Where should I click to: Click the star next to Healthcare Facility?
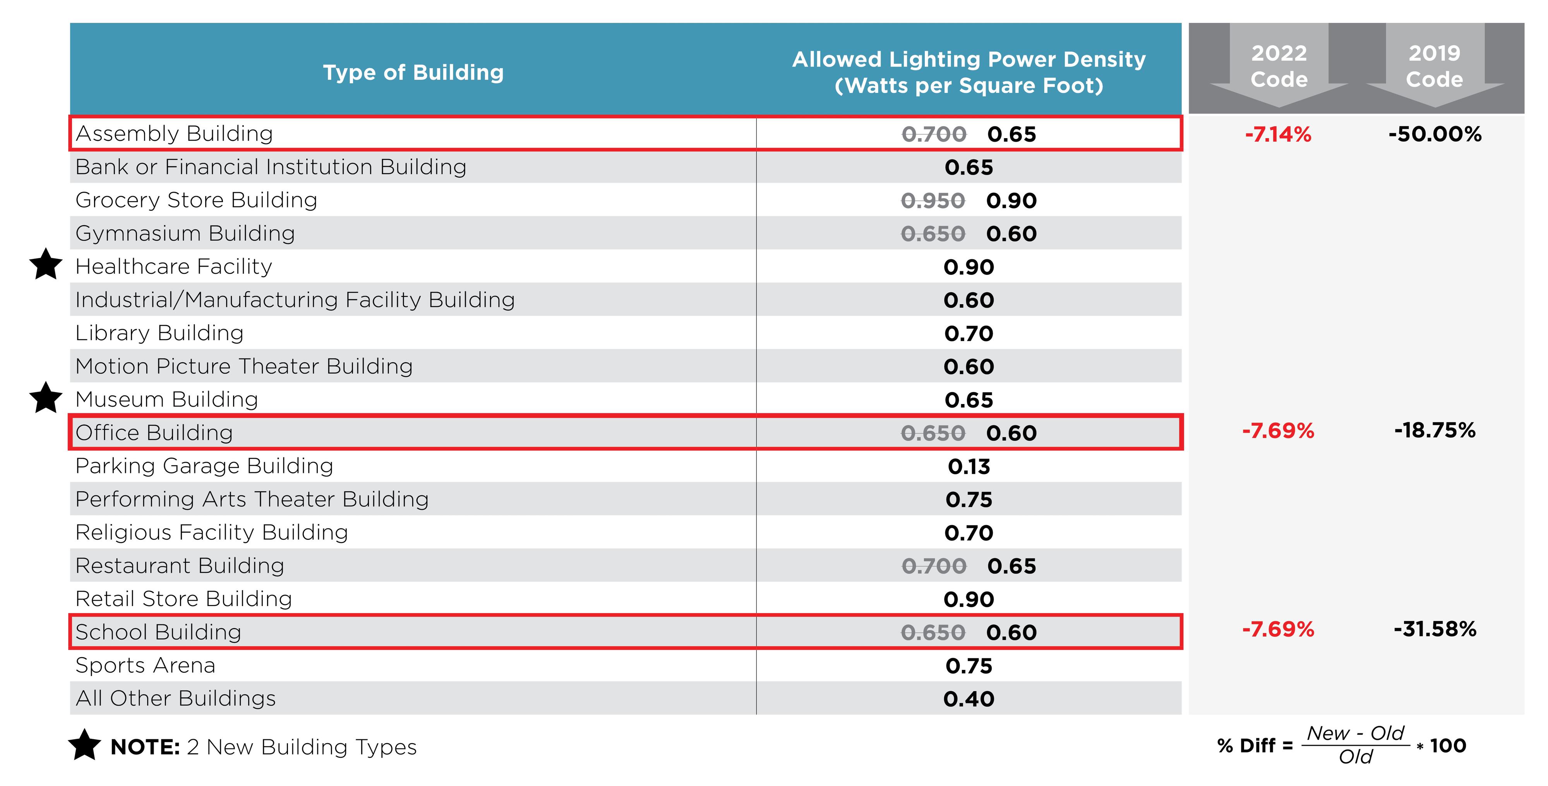(x=46, y=265)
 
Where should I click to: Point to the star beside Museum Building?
(x=46, y=398)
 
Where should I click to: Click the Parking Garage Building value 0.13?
(x=968, y=466)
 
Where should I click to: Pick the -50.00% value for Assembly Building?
(x=1435, y=134)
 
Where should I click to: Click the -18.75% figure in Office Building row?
(x=1435, y=430)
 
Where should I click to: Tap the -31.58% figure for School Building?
(x=1435, y=629)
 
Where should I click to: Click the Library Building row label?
(x=159, y=333)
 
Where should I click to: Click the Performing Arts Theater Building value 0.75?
(x=968, y=499)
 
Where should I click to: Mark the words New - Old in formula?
(x=1355, y=733)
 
